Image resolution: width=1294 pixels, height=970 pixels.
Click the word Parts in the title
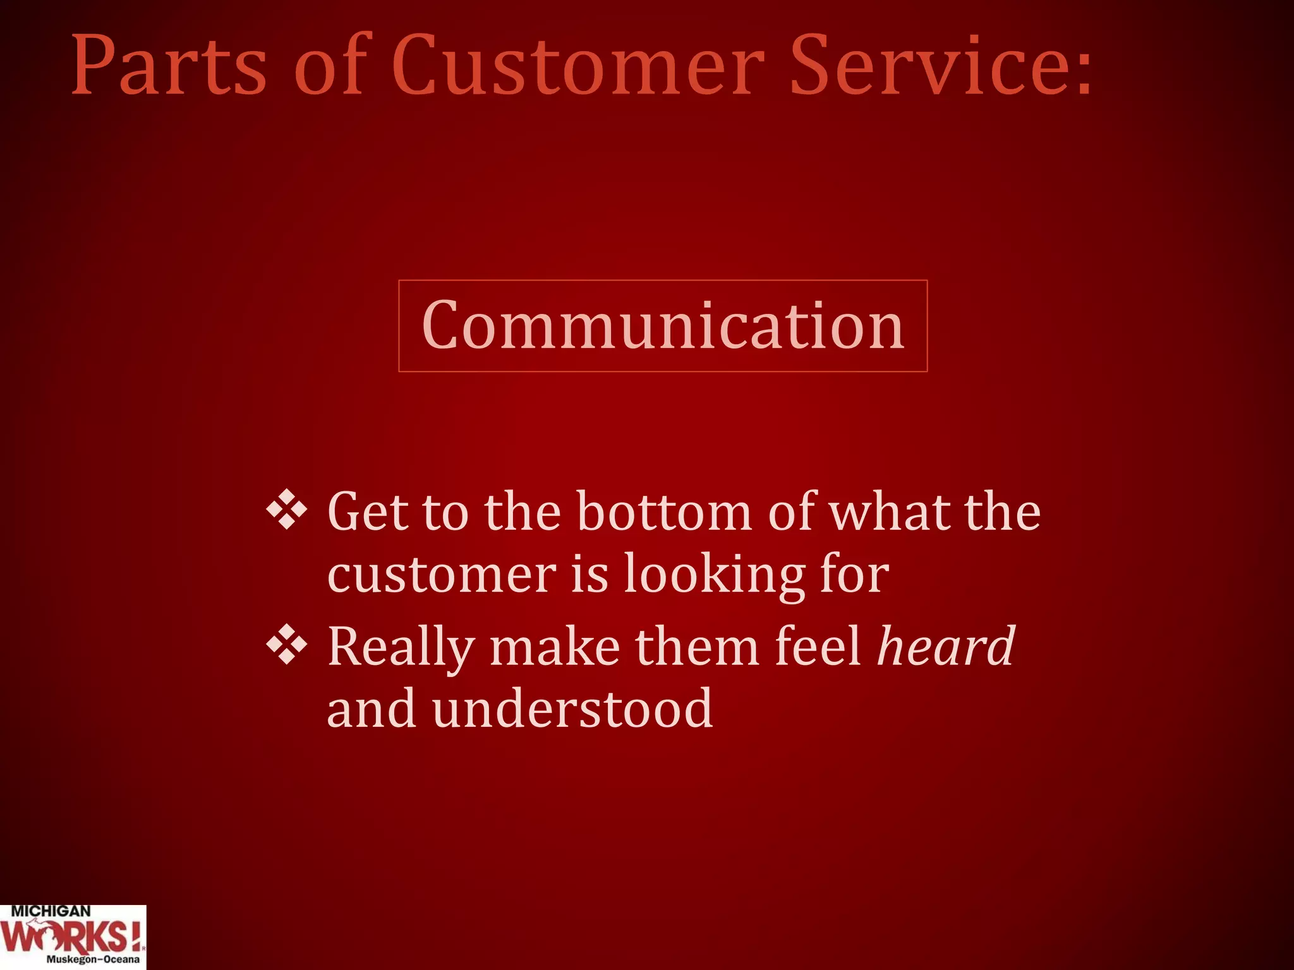point(169,66)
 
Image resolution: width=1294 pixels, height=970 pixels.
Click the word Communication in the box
point(663,326)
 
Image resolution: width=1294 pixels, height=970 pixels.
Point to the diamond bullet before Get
point(287,509)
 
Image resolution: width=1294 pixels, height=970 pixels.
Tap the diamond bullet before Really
point(287,645)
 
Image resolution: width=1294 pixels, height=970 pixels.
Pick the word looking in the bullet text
point(715,576)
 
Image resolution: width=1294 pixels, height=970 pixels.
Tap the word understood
point(572,709)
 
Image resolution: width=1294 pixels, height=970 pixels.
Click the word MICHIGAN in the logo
point(51,911)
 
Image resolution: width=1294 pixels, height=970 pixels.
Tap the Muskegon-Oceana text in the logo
point(92,959)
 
